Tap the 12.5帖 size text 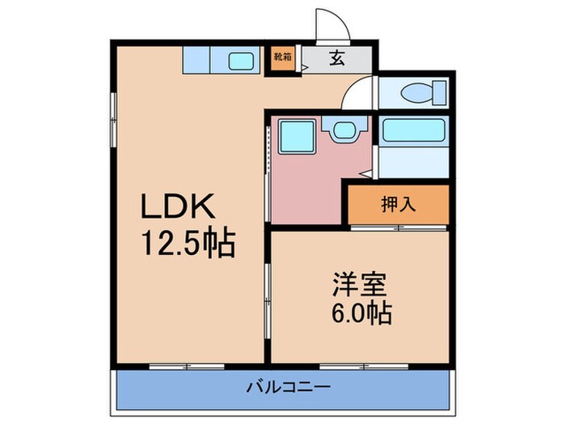pyautogui.click(x=189, y=242)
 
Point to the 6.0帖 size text pyautogui.click(x=361, y=312)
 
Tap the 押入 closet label pyautogui.click(x=398, y=204)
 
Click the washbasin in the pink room pyautogui.click(x=343, y=130)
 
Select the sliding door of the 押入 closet pyautogui.click(x=398, y=228)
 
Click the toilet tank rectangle pyautogui.click(x=440, y=91)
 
